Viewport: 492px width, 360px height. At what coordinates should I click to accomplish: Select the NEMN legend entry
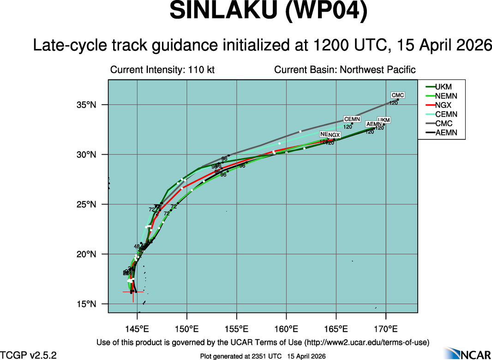443,96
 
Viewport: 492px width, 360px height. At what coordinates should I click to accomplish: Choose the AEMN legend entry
443,133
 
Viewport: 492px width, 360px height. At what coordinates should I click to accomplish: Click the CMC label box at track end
398,96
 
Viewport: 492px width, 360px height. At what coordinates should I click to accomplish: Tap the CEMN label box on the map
352,120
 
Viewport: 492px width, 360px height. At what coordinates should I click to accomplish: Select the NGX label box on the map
334,135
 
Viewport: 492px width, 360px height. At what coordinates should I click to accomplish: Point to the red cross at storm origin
133,292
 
